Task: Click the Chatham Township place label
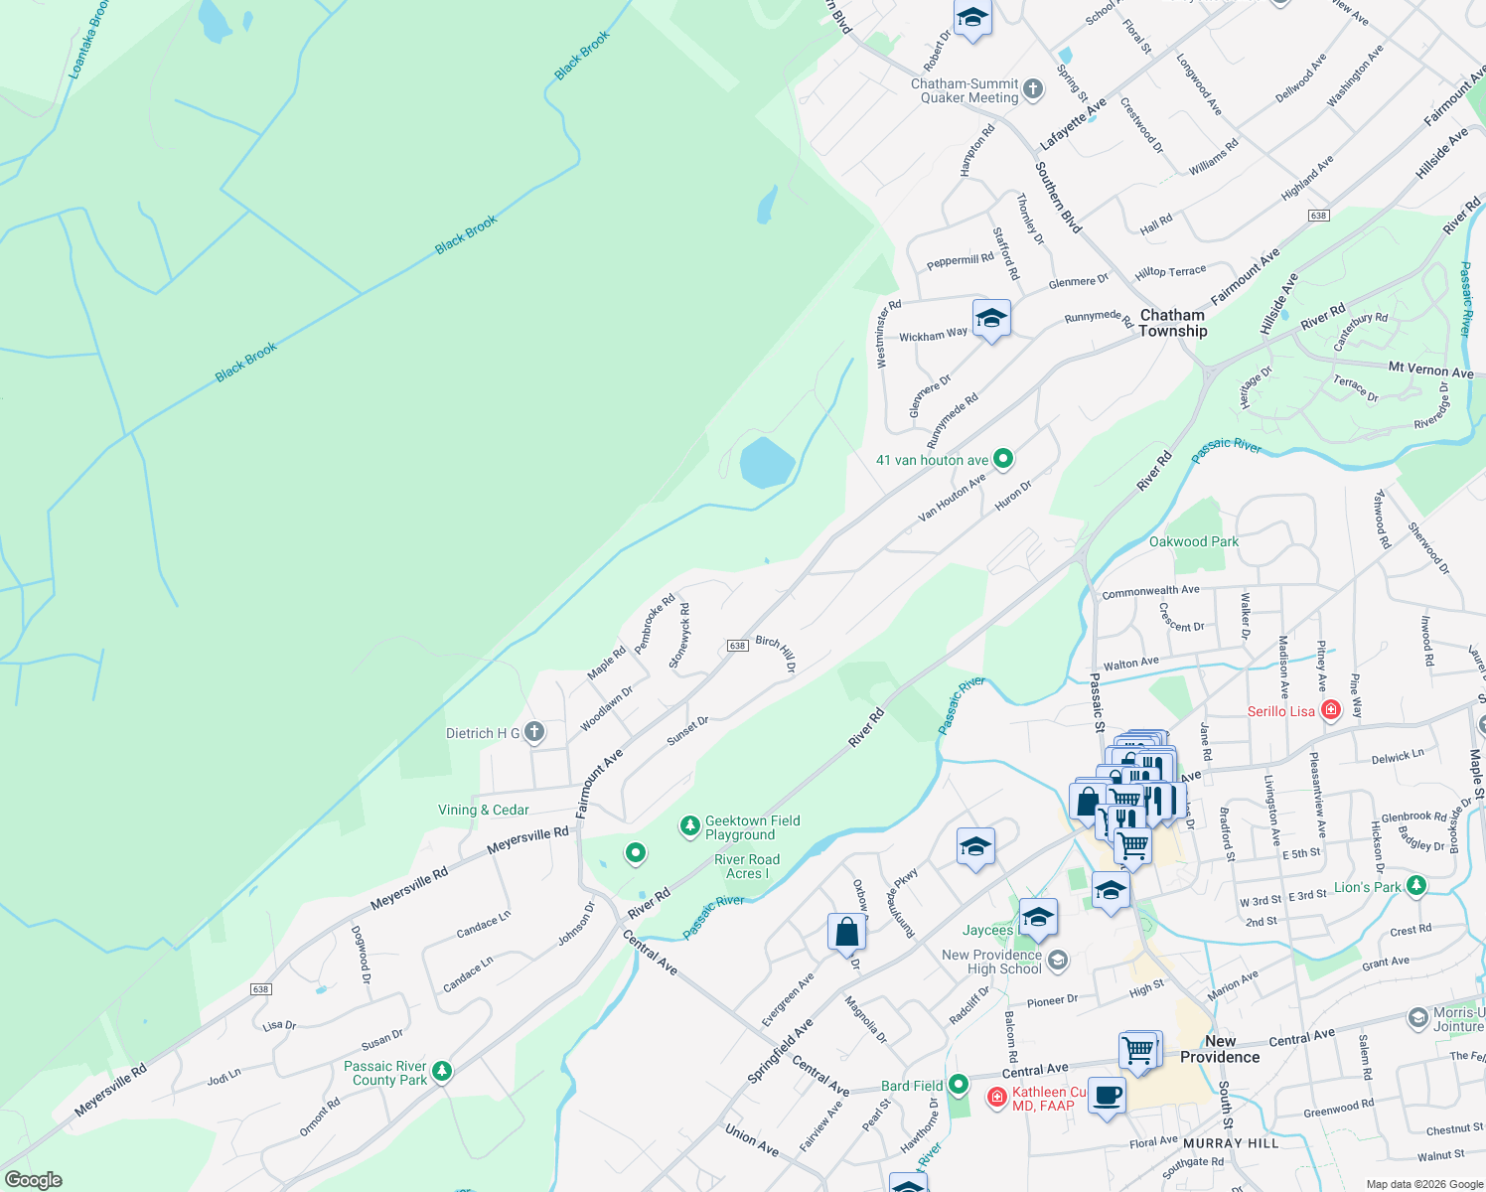click(x=1172, y=323)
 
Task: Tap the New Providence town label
click(x=1219, y=1049)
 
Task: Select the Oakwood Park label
click(x=1193, y=541)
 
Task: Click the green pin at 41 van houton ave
click(x=1003, y=459)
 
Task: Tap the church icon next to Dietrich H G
click(x=534, y=733)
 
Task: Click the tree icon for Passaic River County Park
click(x=442, y=1072)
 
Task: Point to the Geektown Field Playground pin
click(x=689, y=826)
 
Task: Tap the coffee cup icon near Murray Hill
click(x=1107, y=1097)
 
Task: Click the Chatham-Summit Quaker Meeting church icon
click(x=1033, y=90)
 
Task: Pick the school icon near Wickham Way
click(x=991, y=319)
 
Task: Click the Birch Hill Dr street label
click(x=776, y=654)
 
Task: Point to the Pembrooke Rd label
click(x=655, y=623)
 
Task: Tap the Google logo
click(x=33, y=1180)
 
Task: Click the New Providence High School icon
click(x=1058, y=961)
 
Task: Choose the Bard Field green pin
click(x=958, y=1085)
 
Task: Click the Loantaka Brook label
click(x=87, y=40)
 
